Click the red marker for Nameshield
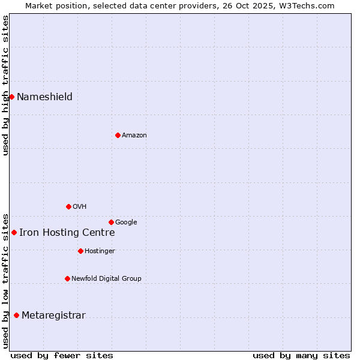[x=11, y=97]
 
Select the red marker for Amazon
[x=118, y=135]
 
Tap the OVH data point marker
[x=68, y=206]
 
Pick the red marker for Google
[x=111, y=222]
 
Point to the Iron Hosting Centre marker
[x=14, y=232]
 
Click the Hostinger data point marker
[x=80, y=251]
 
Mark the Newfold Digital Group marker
[x=67, y=278]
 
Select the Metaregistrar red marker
[x=16, y=315]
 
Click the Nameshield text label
[x=44, y=97]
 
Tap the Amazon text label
[x=134, y=136]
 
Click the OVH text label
[x=80, y=207]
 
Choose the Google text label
[x=126, y=223]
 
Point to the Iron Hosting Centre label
[x=67, y=233]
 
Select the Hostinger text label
[x=100, y=251]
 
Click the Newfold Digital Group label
[x=106, y=279]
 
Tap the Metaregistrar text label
[x=53, y=316]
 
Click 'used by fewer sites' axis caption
[x=62, y=355]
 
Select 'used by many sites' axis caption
[x=301, y=355]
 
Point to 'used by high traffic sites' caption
[x=5, y=85]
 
